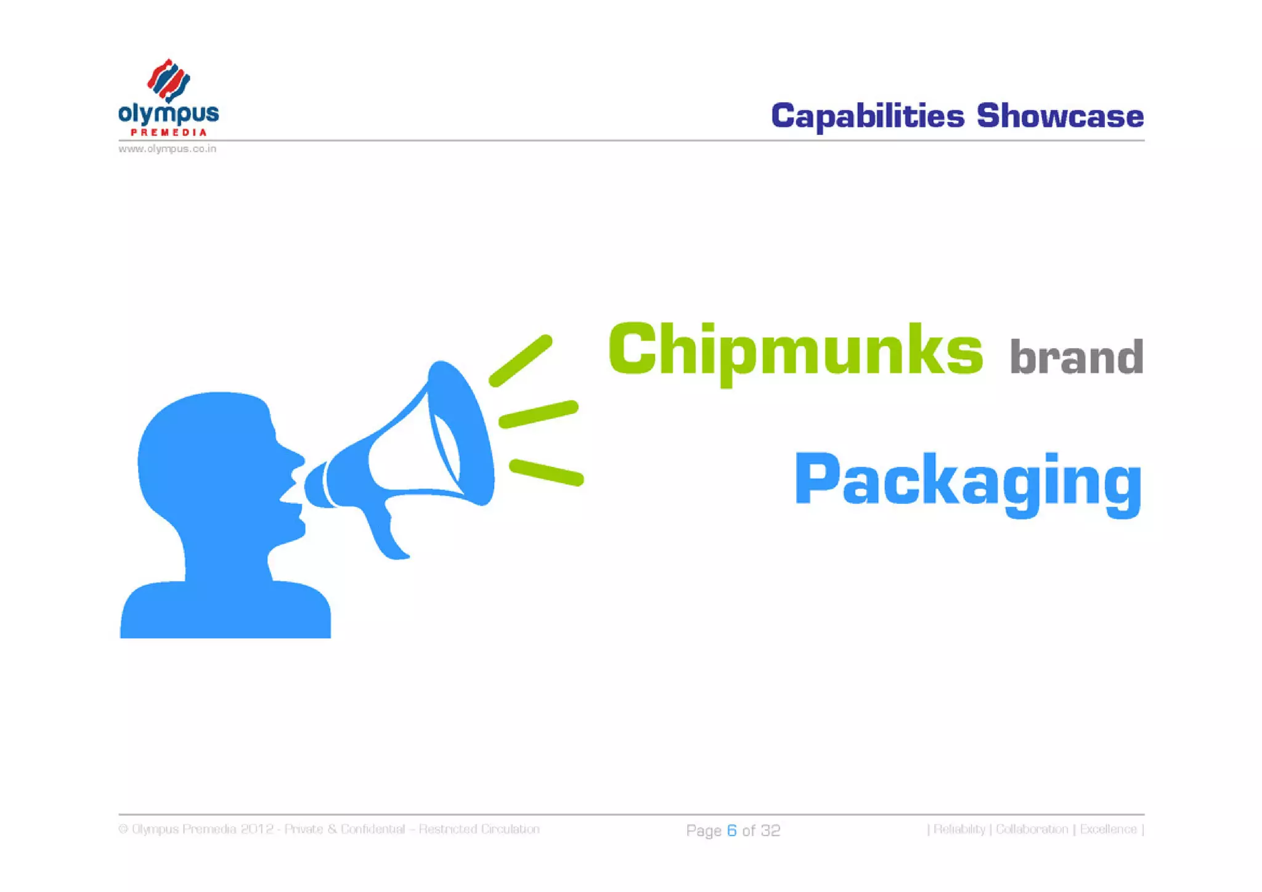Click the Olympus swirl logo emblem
[168, 81]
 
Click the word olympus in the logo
[168, 114]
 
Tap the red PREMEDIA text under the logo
[168, 132]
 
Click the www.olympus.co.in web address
[167, 149]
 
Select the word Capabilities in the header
[868, 116]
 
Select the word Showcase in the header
[1060, 116]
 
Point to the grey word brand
[1076, 357]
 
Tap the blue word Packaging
[968, 480]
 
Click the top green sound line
[521, 361]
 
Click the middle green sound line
[539, 414]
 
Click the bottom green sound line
[546, 472]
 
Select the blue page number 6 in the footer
[731, 830]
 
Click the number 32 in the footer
[770, 830]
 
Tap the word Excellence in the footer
[1108, 829]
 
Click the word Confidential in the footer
[373, 829]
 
